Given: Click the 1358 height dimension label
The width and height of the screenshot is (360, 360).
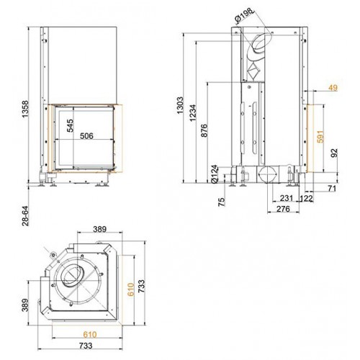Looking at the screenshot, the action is [x=25, y=109].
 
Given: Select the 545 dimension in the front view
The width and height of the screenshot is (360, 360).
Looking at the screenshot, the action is [x=70, y=125].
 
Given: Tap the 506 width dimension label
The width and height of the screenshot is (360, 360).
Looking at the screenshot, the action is [x=86, y=136].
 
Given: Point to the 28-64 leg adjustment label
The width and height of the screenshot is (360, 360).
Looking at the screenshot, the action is [x=25, y=216].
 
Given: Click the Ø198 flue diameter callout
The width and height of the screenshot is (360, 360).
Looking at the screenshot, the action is [x=244, y=16].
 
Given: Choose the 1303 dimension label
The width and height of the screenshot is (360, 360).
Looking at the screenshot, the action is [x=180, y=105].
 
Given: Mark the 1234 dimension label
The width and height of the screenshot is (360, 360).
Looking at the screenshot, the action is [x=193, y=113].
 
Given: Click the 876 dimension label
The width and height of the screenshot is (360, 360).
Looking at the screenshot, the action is [x=204, y=130].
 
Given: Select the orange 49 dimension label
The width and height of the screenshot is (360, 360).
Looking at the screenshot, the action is [x=333, y=88].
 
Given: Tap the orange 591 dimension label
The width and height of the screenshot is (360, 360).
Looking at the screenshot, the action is [x=320, y=137].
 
